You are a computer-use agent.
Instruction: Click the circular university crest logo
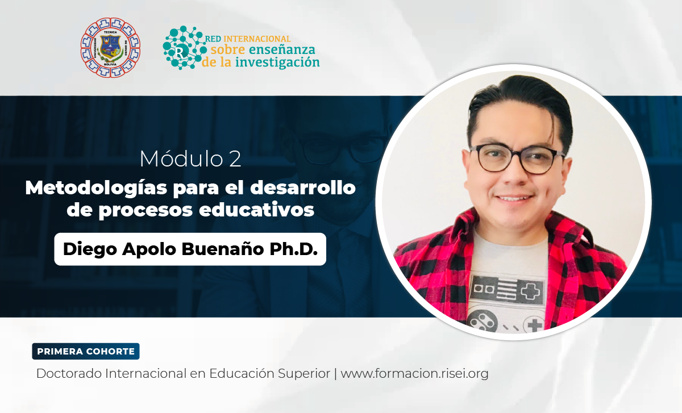tap(110, 48)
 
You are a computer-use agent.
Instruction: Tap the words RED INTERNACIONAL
tap(250, 39)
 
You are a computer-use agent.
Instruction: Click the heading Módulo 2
tap(190, 160)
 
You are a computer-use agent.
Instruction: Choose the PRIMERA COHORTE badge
tap(86, 351)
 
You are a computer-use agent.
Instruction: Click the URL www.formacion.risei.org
tap(414, 374)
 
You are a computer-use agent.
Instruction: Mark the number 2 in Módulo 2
tap(235, 160)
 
